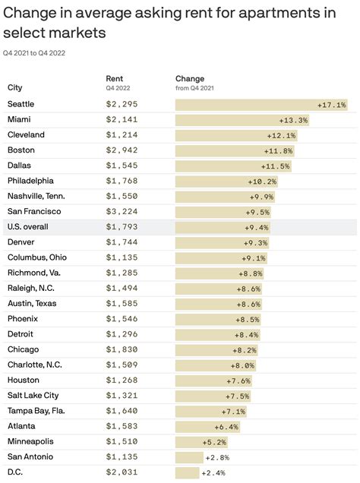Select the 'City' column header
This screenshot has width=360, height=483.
click(x=15, y=87)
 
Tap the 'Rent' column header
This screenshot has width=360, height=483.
click(x=114, y=79)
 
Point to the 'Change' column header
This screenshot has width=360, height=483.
click(x=190, y=79)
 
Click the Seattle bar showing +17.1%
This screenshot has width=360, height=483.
click(x=261, y=105)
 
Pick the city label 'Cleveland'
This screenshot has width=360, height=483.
click(x=26, y=135)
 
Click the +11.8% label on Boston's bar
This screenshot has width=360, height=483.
click(x=277, y=150)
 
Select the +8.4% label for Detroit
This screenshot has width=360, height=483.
click(x=246, y=335)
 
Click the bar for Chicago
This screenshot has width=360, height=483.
click(x=216, y=350)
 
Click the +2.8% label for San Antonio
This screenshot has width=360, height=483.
click(x=217, y=457)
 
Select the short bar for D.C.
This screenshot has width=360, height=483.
click(x=187, y=472)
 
